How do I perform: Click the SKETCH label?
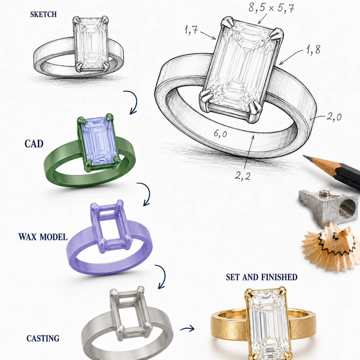click(x=43, y=14)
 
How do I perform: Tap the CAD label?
click(x=34, y=144)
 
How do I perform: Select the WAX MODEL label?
click(x=43, y=237)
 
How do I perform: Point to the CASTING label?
click(x=43, y=338)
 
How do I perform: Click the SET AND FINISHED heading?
click(x=262, y=277)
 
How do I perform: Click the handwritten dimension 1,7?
click(x=191, y=30)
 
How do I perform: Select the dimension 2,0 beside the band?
click(x=334, y=117)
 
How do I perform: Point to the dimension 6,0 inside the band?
click(x=220, y=133)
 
